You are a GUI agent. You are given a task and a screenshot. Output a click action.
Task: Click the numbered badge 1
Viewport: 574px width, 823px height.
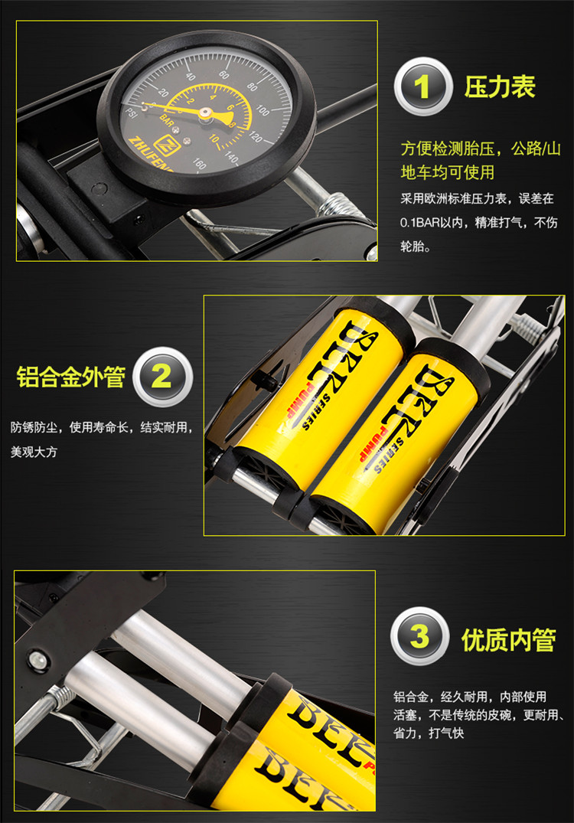point(422,87)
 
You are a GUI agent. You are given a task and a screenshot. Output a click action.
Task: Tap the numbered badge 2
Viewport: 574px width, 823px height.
point(163,377)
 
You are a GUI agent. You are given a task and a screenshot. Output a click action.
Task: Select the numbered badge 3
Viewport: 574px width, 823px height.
point(419,637)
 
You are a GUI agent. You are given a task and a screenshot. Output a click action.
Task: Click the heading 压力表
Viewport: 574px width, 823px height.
point(500,87)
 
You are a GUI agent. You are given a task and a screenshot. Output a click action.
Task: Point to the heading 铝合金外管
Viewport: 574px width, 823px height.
point(71,377)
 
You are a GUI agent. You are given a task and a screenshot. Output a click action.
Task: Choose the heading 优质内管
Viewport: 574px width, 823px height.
point(508,640)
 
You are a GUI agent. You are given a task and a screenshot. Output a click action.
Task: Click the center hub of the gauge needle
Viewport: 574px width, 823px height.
point(205,113)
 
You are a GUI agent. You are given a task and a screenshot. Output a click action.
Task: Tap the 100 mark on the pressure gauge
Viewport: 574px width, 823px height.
point(263,110)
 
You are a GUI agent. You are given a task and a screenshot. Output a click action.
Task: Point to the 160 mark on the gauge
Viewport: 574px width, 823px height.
point(200,163)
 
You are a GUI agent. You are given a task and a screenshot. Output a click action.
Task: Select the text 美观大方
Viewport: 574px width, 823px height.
point(34,452)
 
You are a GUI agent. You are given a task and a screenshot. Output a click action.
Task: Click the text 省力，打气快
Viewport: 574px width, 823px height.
point(429,733)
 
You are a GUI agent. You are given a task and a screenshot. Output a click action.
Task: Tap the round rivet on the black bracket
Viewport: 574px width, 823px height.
point(37,659)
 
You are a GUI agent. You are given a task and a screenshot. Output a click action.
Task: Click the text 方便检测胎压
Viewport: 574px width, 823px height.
point(448,149)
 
